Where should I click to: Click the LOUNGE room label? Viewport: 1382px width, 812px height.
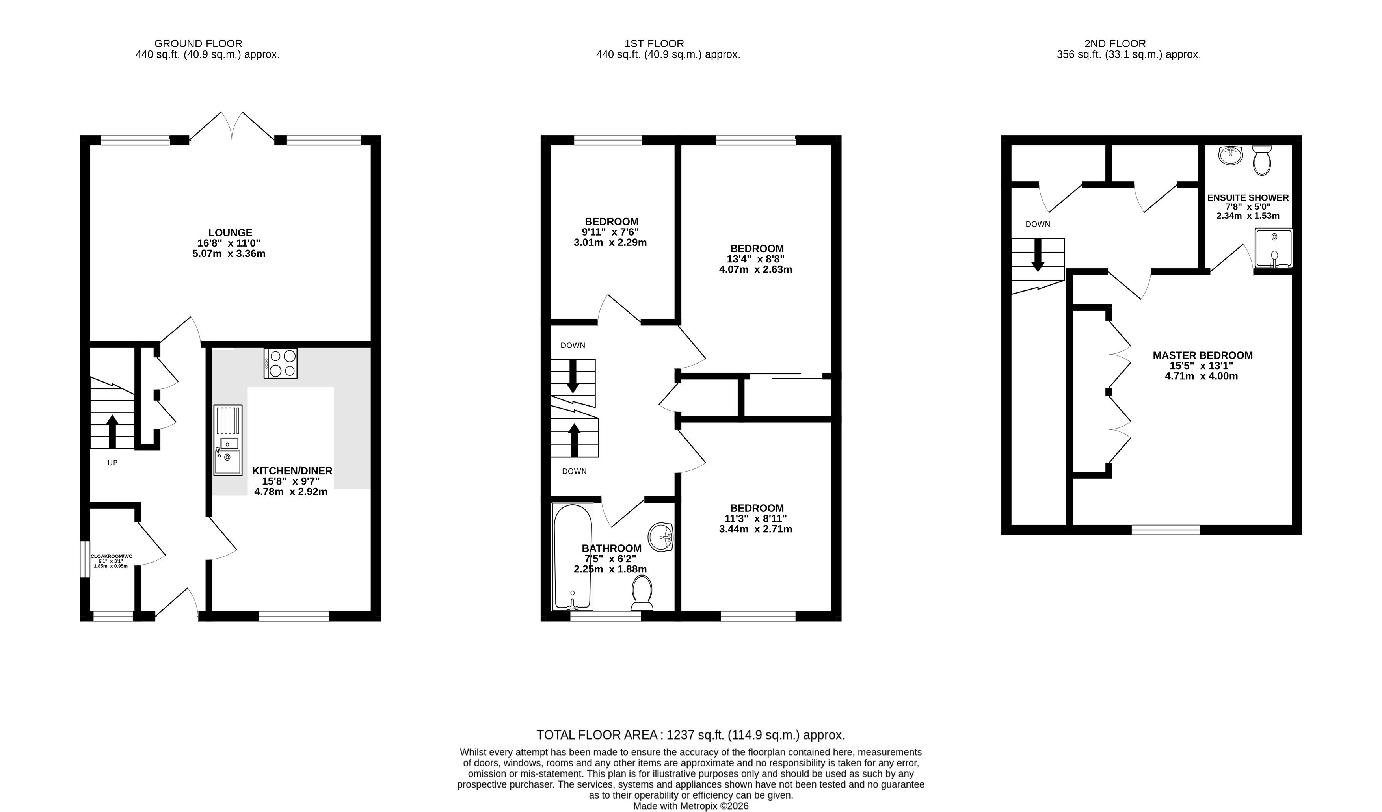[230, 232]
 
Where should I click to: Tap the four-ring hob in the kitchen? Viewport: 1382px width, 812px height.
[280, 363]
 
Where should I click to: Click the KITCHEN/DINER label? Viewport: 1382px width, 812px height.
[292, 471]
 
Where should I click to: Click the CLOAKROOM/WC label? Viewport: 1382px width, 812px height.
[112, 556]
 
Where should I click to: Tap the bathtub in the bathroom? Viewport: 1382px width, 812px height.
[573, 557]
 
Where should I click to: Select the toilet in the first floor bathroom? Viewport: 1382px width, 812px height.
[642, 593]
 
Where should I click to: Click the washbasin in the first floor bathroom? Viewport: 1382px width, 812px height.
[660, 537]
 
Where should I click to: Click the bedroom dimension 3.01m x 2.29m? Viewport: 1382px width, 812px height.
[610, 242]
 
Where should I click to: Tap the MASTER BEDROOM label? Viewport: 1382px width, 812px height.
[1203, 355]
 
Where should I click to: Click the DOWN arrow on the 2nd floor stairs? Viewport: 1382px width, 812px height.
[1038, 255]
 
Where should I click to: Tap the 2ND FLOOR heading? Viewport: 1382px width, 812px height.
[1115, 43]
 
